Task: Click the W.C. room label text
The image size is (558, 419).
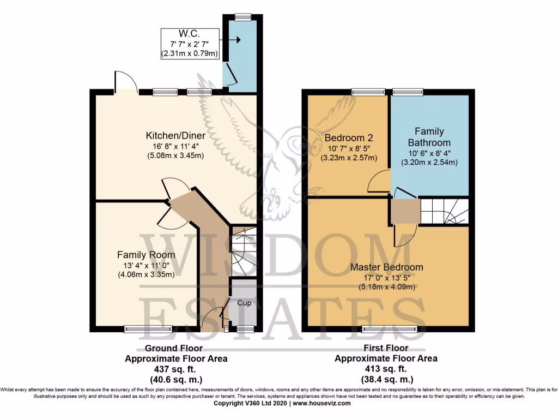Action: (190, 34)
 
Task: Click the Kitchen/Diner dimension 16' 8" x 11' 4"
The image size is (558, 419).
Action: (174, 146)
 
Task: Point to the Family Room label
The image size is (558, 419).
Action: (146, 255)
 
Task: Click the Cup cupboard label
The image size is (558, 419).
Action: (245, 303)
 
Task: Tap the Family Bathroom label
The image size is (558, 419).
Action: (429, 137)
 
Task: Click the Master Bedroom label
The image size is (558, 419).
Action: (386, 267)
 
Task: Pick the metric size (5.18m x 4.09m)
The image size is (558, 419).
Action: (386, 287)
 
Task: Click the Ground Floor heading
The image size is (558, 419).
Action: (173, 348)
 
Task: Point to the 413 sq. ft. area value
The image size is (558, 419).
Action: (385, 369)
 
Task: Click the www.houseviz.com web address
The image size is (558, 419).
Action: (322, 404)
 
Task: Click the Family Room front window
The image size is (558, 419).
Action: (148, 328)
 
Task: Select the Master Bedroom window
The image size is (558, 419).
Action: (390, 328)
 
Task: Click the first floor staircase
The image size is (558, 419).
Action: (444, 211)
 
